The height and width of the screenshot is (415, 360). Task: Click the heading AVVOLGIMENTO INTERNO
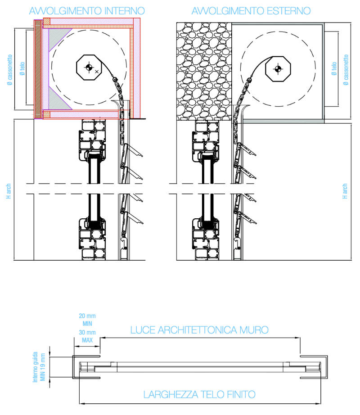pos(87,10)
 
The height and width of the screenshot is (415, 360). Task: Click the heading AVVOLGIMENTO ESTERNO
pos(251,10)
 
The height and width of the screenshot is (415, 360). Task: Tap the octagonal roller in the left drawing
pos(90,68)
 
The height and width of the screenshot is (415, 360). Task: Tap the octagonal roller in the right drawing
pos(279,68)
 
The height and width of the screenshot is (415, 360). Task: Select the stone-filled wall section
pos(203,72)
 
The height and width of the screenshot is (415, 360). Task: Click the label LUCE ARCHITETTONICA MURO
pos(199,330)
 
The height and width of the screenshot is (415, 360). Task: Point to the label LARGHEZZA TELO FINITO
pos(199,395)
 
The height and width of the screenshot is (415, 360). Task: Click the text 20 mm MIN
pos(87,320)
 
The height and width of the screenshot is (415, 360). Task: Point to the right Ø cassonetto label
pos(346,70)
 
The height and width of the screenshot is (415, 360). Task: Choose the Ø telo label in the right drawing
pos(334,70)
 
